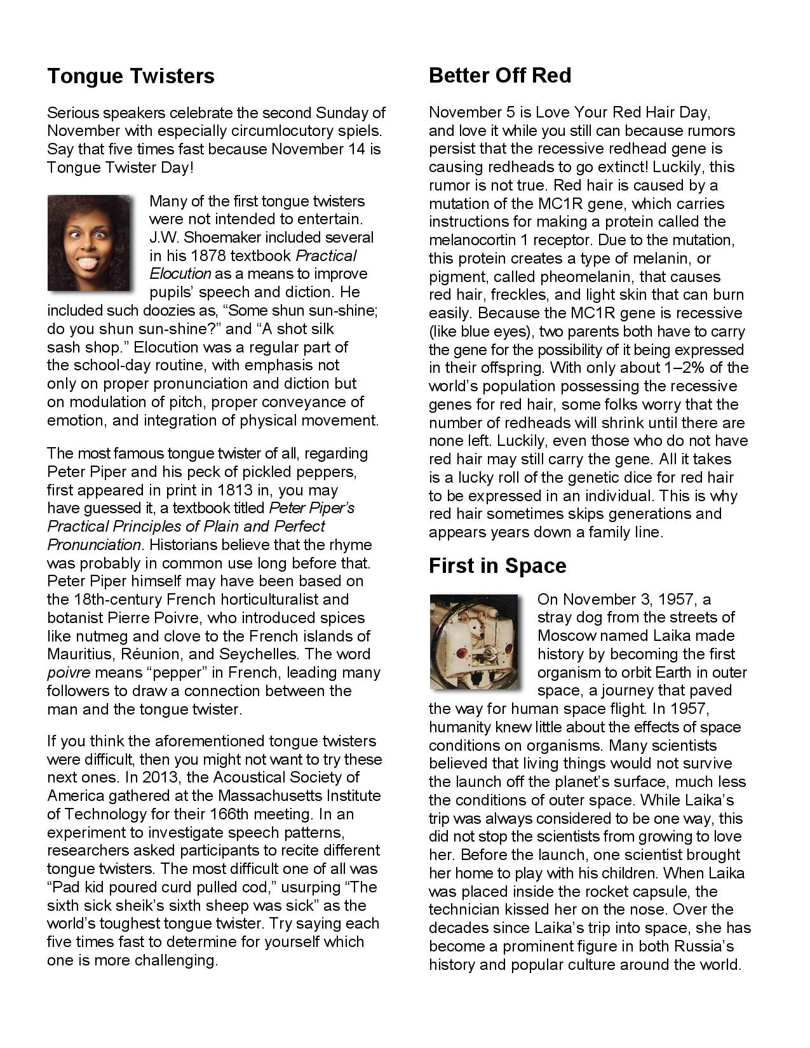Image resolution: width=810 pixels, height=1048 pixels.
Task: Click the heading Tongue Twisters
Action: coord(131,76)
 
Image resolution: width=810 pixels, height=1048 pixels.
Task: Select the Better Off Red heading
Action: coord(500,76)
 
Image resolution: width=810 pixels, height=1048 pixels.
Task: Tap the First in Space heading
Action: coord(497,566)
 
